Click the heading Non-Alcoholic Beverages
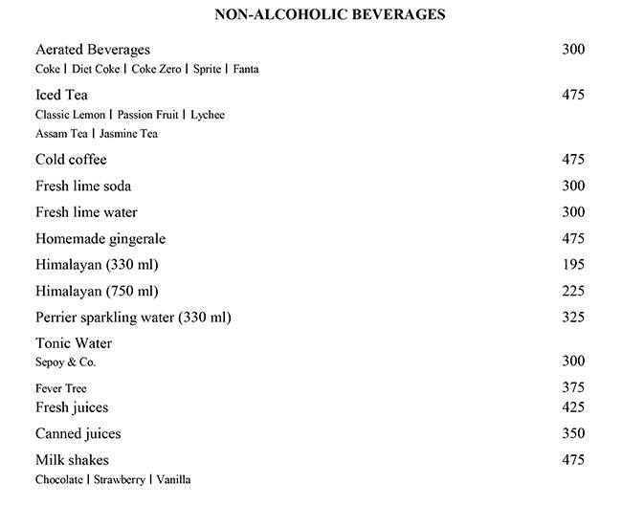coord(316,14)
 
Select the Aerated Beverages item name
coord(93,50)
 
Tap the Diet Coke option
coord(96,70)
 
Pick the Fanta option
coord(245,70)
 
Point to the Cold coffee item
coord(71,160)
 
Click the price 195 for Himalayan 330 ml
coord(573,265)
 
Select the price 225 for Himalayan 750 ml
coord(573,291)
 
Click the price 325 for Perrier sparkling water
coord(573,318)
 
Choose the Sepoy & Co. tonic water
coord(65,363)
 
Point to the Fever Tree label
coord(61,389)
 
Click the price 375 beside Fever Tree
coord(573,387)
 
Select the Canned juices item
coord(78,434)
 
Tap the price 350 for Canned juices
coord(573,434)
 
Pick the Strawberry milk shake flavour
coord(119,479)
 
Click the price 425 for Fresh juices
coord(573,408)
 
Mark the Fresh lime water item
coord(86,212)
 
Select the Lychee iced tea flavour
coord(208,115)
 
